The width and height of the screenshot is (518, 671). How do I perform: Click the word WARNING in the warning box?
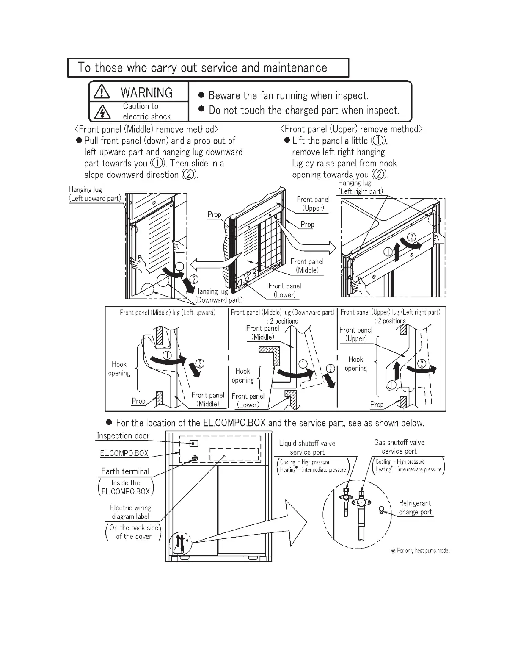(146, 92)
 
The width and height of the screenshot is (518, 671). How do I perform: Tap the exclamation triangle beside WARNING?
(101, 92)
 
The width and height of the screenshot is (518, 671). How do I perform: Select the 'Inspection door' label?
(123, 436)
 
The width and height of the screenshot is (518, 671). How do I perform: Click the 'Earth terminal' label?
(125, 471)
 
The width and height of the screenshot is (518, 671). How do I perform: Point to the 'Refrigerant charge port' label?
(415, 507)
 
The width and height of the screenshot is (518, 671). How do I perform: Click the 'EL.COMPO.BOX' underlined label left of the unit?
(124, 453)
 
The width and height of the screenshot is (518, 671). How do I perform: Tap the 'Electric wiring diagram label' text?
(130, 512)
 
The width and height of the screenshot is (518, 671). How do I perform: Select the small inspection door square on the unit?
(194, 444)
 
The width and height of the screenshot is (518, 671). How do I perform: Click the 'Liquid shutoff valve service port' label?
(307, 448)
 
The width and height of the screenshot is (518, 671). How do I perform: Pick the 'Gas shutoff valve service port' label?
(399, 447)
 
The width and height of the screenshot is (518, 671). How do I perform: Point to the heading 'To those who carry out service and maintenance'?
(202, 68)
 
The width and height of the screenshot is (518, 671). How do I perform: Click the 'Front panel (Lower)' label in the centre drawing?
(284, 290)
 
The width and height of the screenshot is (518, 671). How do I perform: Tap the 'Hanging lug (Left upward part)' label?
(95, 194)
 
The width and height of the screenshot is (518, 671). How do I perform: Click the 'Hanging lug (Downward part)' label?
(218, 296)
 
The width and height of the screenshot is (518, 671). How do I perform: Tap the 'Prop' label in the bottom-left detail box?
(138, 401)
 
